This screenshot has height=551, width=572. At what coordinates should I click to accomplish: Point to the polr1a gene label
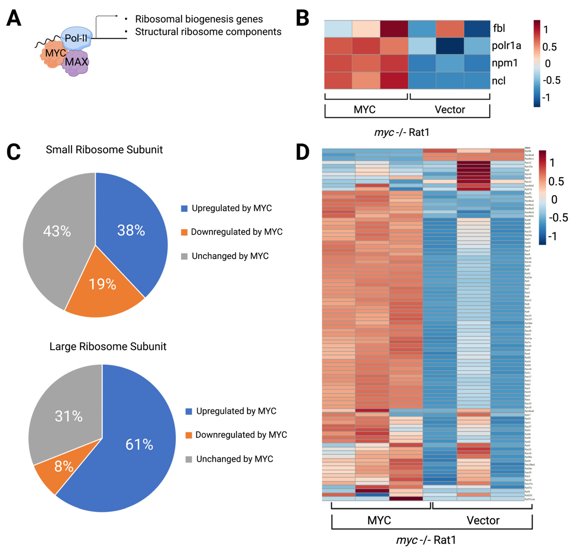coord(506,46)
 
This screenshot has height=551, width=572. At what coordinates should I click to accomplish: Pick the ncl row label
coord(498,81)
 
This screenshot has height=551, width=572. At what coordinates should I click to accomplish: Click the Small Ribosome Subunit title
coord(104,150)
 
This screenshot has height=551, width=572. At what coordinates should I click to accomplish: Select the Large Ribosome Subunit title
coord(108,346)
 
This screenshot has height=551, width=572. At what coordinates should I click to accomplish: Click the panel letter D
coord(303,152)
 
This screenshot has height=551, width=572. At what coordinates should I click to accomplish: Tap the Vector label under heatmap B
coord(450,110)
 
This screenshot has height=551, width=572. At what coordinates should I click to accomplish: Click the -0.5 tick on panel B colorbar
coord(551,80)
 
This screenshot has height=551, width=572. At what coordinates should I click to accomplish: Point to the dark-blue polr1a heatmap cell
coord(450,46)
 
